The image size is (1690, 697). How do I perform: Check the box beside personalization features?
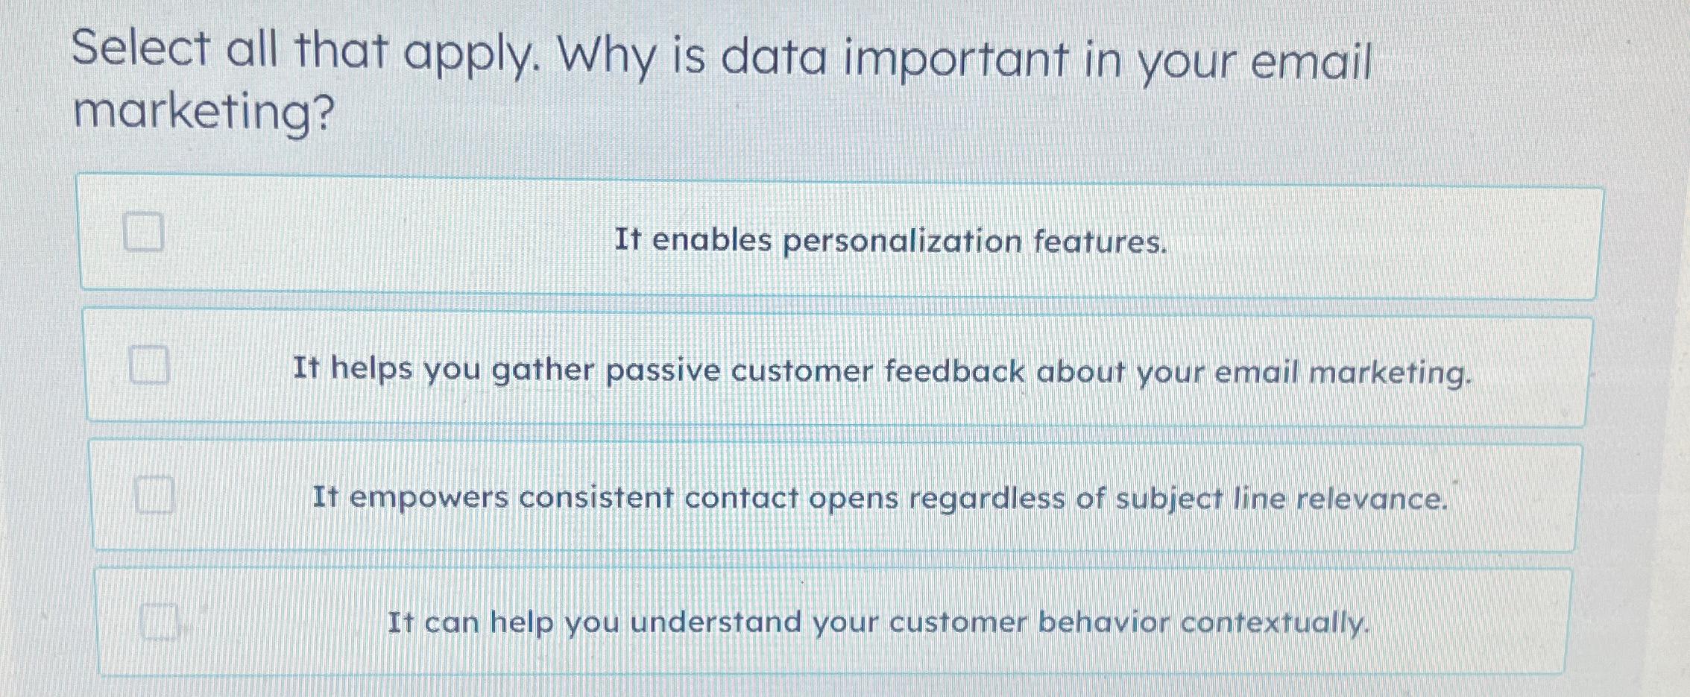click(143, 231)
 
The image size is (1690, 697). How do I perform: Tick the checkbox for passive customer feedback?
click(148, 365)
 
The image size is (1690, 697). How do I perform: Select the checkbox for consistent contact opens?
click(154, 494)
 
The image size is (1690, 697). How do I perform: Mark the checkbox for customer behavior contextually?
click(159, 622)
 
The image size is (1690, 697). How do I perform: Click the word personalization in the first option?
click(902, 242)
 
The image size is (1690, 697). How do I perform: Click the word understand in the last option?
click(716, 622)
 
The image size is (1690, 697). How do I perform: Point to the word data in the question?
click(773, 58)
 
